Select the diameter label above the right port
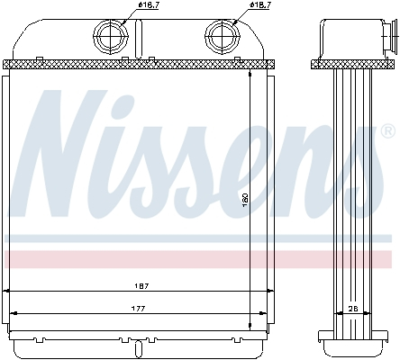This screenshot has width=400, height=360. [260, 6]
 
